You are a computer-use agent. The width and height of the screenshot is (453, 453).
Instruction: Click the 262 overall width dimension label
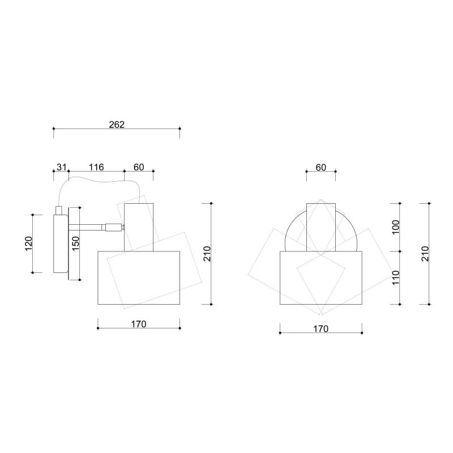click(x=117, y=125)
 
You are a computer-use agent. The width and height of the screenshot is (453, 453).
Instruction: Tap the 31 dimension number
click(x=62, y=167)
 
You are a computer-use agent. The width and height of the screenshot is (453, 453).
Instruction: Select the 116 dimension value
click(x=96, y=167)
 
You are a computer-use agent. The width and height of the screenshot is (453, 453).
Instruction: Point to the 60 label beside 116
click(x=139, y=167)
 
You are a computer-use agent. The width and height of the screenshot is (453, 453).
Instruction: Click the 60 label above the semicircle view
click(x=320, y=167)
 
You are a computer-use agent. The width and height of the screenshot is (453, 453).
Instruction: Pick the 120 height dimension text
click(x=29, y=243)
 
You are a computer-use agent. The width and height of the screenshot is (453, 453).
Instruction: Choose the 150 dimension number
click(x=75, y=243)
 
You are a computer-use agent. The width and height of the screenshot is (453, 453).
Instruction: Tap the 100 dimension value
click(x=395, y=227)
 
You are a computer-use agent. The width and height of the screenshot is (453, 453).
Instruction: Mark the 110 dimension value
click(x=395, y=277)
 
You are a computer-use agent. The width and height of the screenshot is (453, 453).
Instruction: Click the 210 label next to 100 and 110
click(x=425, y=254)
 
